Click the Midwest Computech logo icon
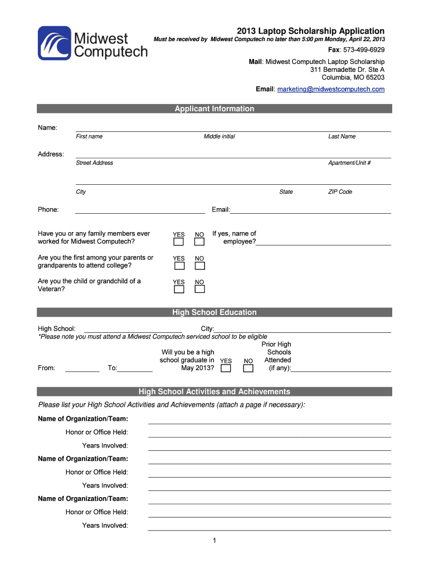tap(55, 43)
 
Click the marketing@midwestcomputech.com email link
tap(331, 89)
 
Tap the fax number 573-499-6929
tap(364, 50)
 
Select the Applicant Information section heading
tap(214, 109)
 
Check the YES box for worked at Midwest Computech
tap(178, 242)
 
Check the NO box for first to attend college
tap(199, 266)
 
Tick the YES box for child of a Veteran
tap(178, 289)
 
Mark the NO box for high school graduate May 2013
tap(248, 368)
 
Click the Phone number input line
tap(140, 210)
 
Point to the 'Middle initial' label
tap(219, 136)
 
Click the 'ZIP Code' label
tap(340, 191)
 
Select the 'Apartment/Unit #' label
tap(349, 163)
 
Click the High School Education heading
tap(214, 312)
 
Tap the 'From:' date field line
tap(82, 369)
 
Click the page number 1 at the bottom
tap(214, 540)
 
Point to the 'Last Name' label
tap(342, 136)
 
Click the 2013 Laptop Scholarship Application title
tap(310, 31)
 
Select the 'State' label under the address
tap(286, 191)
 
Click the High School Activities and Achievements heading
tap(214, 391)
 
